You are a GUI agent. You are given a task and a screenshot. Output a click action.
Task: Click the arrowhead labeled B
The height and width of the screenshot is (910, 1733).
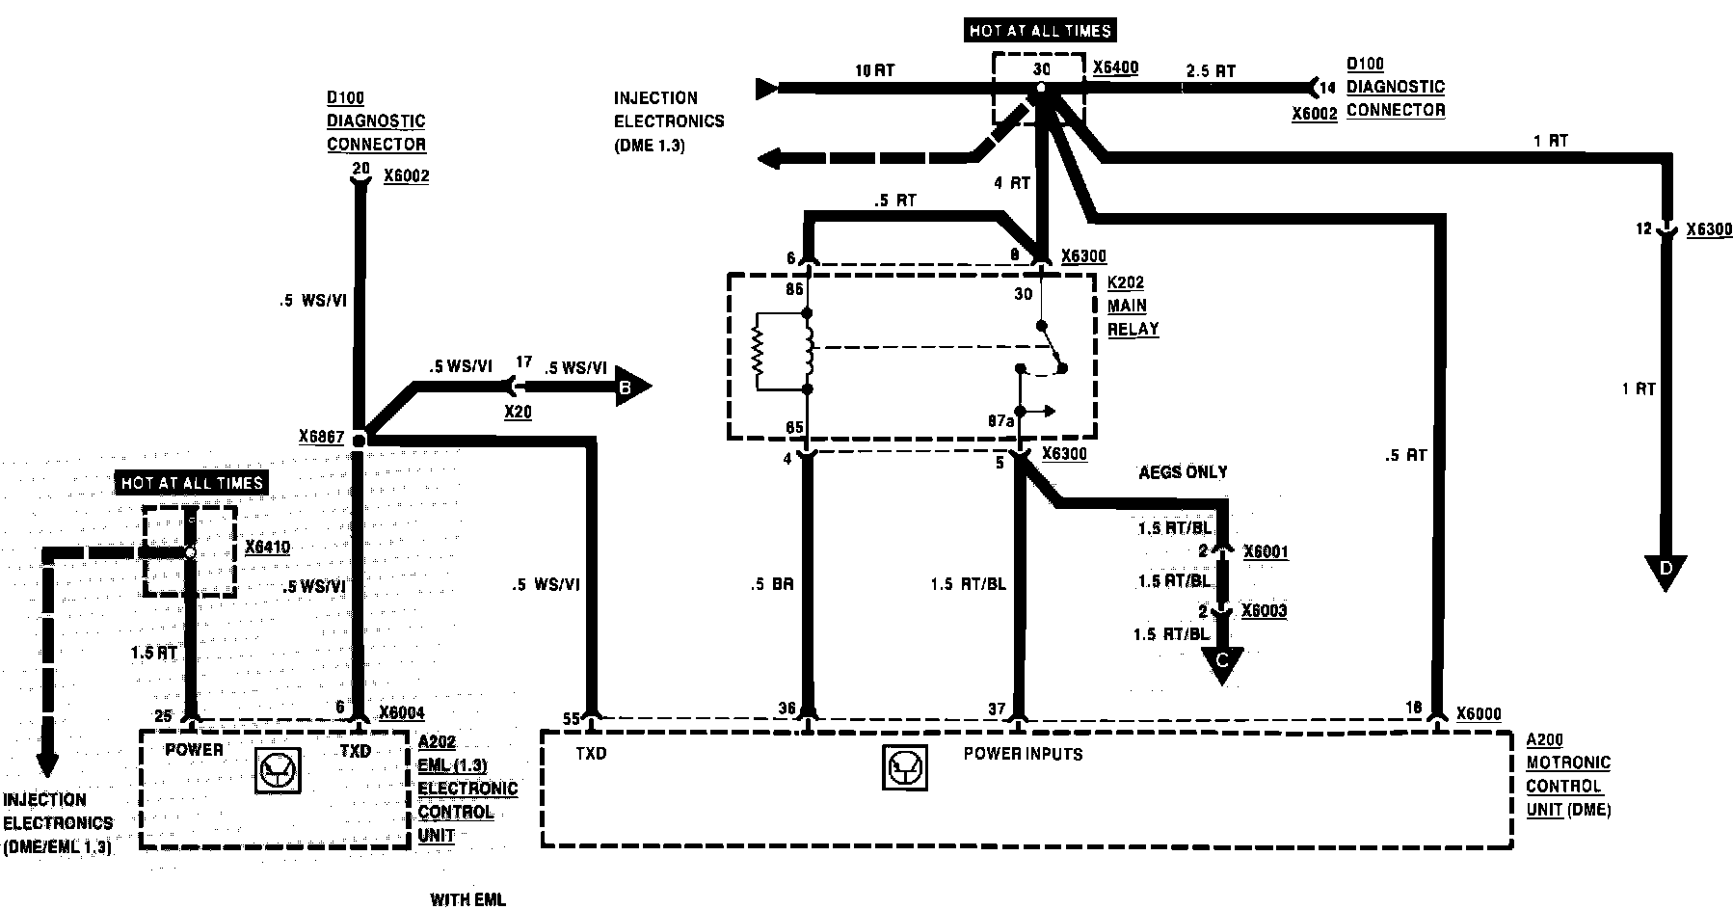coord(629,388)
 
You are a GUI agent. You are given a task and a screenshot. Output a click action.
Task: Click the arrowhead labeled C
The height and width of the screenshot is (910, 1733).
coord(1221,662)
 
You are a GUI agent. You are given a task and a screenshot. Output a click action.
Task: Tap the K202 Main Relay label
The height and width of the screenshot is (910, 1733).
coord(1133,306)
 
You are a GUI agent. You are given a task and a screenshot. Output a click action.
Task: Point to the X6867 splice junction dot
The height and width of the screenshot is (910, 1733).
coord(359,440)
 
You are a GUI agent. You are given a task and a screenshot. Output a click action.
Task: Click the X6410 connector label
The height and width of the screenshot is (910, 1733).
coord(267,548)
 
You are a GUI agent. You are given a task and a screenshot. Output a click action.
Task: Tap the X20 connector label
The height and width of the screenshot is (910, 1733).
coord(518,412)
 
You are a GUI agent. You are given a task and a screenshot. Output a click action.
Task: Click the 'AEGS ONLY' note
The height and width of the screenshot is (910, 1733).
coord(1183,472)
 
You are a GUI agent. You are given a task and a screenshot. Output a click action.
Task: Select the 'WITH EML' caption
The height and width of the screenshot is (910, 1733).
coord(467,899)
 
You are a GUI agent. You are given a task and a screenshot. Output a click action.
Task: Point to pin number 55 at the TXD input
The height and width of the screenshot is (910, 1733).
coord(573,718)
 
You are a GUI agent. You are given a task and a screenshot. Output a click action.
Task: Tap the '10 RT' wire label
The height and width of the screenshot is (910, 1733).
coord(876,70)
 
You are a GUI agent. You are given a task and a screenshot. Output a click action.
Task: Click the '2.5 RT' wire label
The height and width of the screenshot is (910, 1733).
coord(1211,70)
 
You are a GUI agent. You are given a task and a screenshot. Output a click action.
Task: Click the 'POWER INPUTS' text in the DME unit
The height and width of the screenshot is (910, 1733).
coord(1023,754)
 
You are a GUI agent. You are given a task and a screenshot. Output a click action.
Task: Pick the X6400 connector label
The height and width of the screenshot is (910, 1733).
coord(1115,68)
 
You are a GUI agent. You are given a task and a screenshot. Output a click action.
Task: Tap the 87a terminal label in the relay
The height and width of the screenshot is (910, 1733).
coord(1000,421)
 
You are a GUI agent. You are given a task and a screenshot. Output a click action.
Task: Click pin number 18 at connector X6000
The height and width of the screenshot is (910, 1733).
coord(1413,709)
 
